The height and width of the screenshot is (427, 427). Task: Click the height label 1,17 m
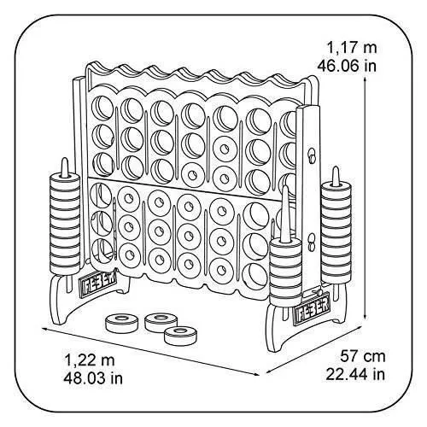352,48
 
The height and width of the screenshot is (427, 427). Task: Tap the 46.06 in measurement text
347,66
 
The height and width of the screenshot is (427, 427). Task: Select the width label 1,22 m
90,360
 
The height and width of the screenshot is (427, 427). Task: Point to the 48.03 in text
93,378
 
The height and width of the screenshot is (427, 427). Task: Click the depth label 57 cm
363,356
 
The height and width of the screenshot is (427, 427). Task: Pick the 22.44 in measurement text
355,374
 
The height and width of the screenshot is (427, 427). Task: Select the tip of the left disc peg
65,159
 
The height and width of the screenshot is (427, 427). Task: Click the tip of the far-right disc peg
336,167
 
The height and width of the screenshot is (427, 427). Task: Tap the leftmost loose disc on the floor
121,323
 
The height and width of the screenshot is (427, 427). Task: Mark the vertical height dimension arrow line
365,198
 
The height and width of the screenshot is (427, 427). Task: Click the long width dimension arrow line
151,352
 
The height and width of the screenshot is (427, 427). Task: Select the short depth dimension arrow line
313,350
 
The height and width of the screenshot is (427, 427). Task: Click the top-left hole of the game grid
102,108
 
